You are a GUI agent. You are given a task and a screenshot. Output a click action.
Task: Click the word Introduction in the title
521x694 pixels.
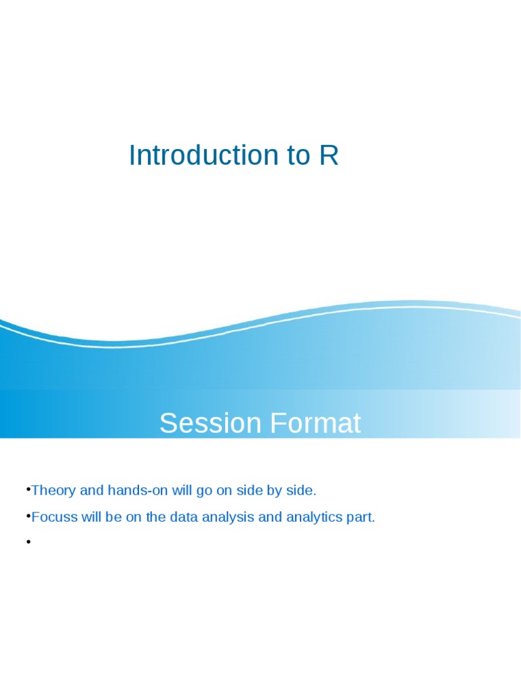pyautogui.click(x=193, y=155)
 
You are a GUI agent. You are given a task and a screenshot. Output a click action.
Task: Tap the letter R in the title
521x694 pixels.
pyautogui.click(x=329, y=155)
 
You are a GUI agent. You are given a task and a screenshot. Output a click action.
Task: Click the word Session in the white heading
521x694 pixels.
pyautogui.click(x=210, y=424)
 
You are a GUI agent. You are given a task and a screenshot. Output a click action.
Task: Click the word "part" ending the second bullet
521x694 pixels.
pyautogui.click(x=360, y=517)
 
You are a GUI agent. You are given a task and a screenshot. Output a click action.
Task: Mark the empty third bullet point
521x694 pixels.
pyautogui.click(x=28, y=542)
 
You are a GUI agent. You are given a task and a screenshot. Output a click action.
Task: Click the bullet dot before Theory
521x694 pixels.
pyautogui.click(x=28, y=488)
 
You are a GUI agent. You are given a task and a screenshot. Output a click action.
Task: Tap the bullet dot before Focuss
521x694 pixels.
pyautogui.click(x=28, y=516)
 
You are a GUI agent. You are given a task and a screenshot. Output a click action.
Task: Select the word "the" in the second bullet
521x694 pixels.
pyautogui.click(x=155, y=517)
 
